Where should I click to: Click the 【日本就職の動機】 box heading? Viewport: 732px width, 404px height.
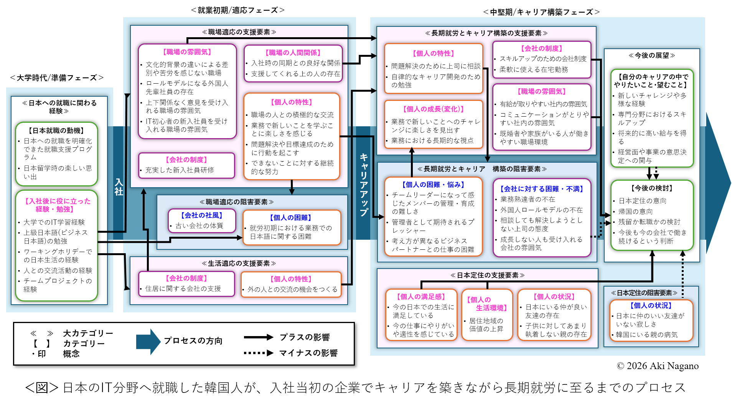56,130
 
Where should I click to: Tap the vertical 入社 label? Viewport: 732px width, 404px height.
119,187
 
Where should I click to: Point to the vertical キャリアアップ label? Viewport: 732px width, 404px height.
364,185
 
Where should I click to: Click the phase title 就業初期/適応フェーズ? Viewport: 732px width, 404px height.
238,10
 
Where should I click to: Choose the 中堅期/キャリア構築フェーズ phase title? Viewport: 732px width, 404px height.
541,12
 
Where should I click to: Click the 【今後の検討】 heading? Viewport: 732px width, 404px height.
652,188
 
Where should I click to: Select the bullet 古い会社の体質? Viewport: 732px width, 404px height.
199,226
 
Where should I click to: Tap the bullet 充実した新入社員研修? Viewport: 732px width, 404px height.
180,170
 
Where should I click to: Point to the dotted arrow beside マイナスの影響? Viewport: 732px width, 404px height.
258,353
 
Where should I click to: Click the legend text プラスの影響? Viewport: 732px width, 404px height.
304,337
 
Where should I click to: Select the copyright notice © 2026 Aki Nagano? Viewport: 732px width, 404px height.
658,366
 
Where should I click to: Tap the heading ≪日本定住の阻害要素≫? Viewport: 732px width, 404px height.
644,293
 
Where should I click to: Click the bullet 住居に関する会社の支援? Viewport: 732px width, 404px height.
183,289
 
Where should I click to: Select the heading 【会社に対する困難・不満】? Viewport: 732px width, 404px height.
541,189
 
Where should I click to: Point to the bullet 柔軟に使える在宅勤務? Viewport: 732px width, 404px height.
534,69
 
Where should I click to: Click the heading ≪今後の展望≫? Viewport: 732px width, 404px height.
652,56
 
